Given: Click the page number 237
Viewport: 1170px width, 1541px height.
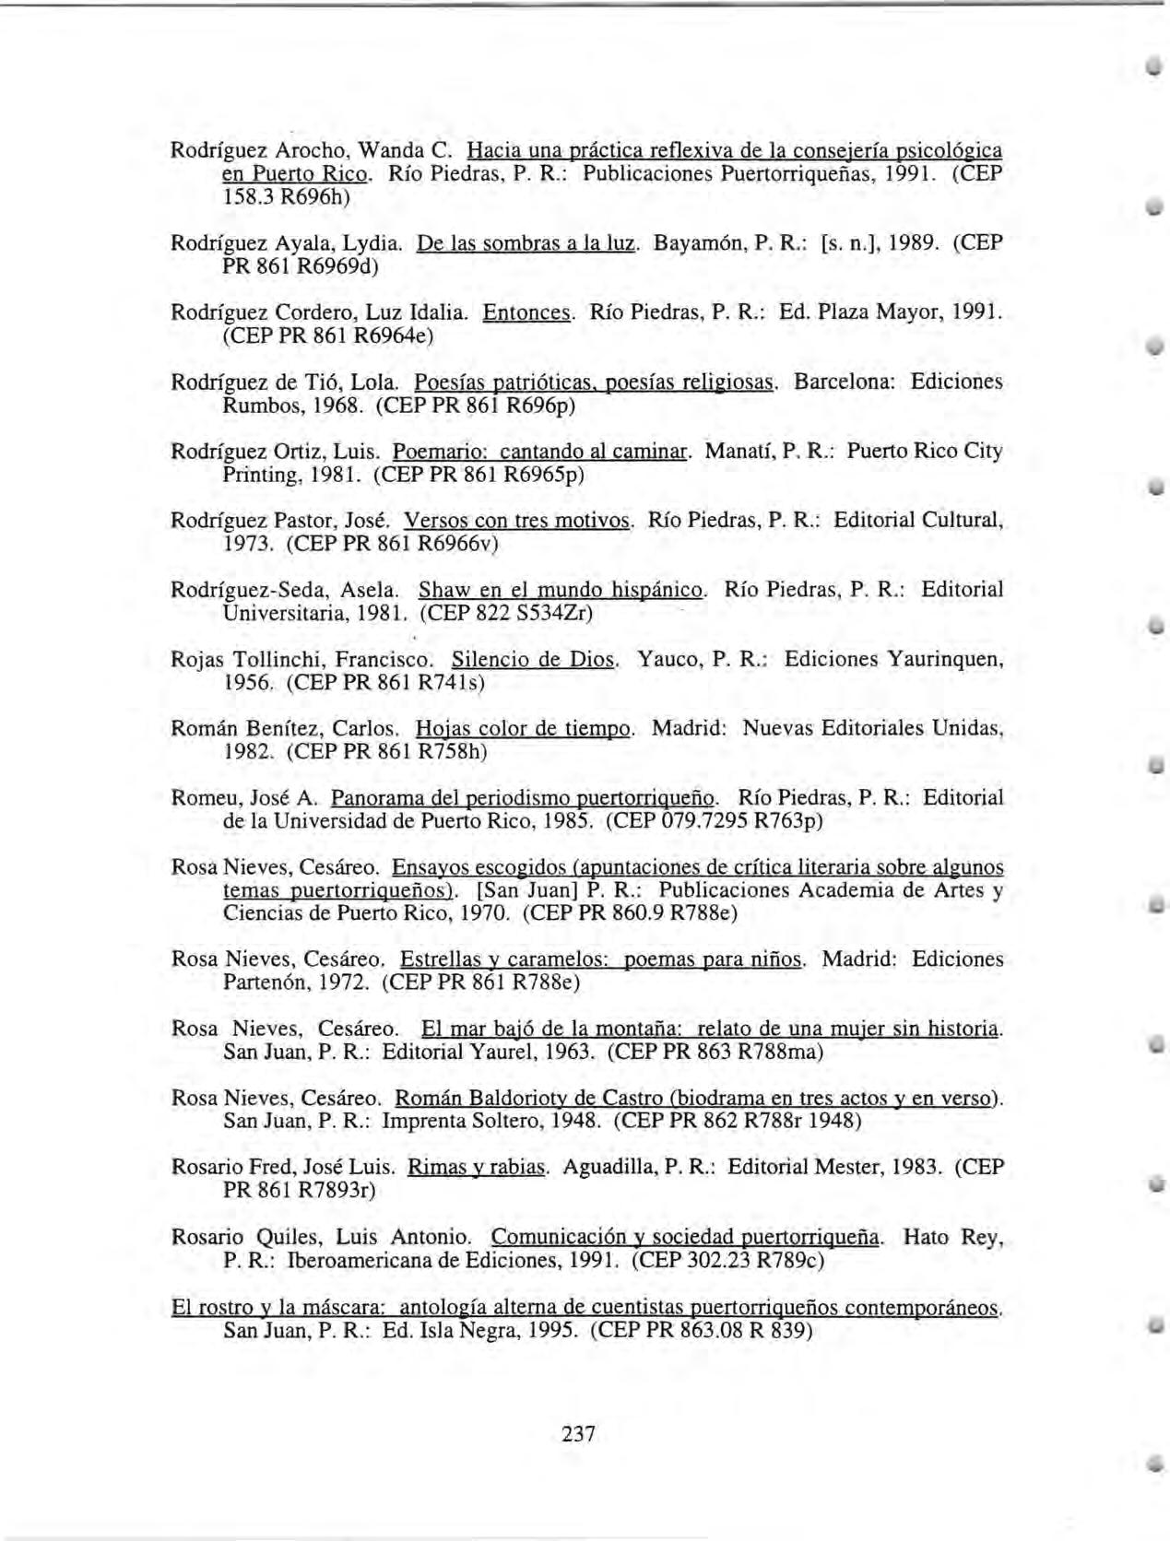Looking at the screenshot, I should [578, 1433].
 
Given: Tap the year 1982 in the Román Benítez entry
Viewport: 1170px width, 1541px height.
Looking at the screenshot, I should [249, 752].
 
